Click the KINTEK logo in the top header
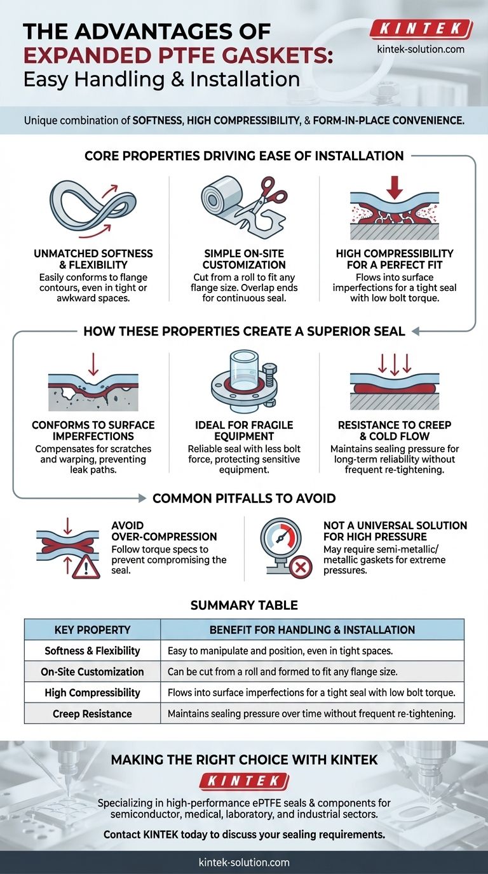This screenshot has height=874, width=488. (421, 29)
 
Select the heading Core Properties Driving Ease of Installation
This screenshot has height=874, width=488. (244, 156)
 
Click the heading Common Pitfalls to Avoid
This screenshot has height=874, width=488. (244, 498)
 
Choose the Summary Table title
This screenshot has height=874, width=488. (244, 605)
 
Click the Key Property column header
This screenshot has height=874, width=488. (93, 629)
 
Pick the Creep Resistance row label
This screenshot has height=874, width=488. (93, 713)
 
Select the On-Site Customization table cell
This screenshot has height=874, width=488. (93, 671)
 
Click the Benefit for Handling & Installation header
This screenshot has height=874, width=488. (312, 629)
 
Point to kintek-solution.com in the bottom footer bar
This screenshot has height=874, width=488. (244, 862)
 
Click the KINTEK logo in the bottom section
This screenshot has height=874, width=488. (244, 781)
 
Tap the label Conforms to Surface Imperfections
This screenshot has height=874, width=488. (93, 431)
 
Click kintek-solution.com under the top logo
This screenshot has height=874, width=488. (421, 49)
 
